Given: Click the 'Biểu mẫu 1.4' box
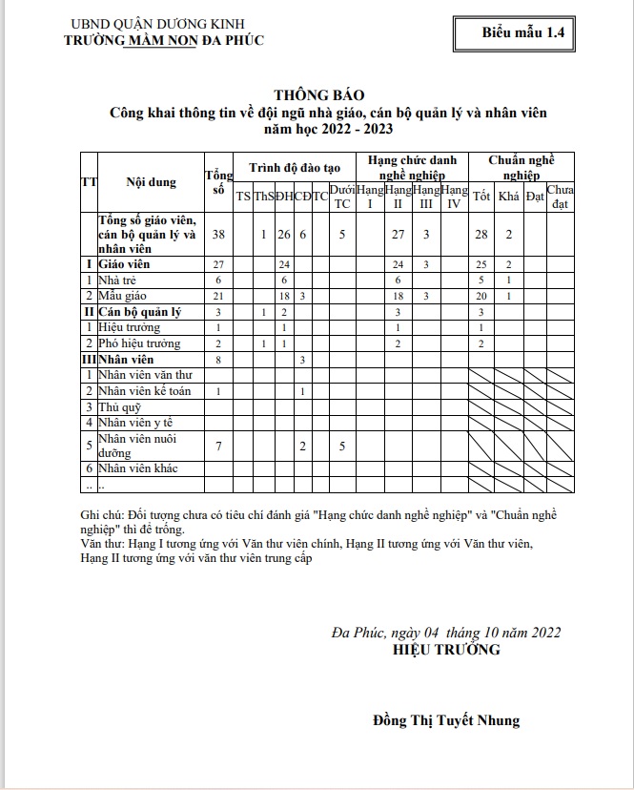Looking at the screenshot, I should coord(523,31).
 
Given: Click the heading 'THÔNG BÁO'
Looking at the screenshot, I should coord(317,95).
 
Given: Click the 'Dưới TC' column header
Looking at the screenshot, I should coord(342,197).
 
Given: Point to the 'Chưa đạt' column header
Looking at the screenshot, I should coord(561,197).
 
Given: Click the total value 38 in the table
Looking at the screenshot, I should coord(218,234).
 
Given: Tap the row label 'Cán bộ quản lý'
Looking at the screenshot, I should coord(139,312).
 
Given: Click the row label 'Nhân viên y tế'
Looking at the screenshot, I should coord(139,423).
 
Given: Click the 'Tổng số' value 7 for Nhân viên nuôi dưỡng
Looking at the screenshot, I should coord(218,446).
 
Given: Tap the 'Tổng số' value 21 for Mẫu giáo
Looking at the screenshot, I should coord(218,296).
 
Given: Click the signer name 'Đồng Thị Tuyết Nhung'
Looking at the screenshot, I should coord(446,720).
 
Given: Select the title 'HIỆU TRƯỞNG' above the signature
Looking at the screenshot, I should coord(446,650).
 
